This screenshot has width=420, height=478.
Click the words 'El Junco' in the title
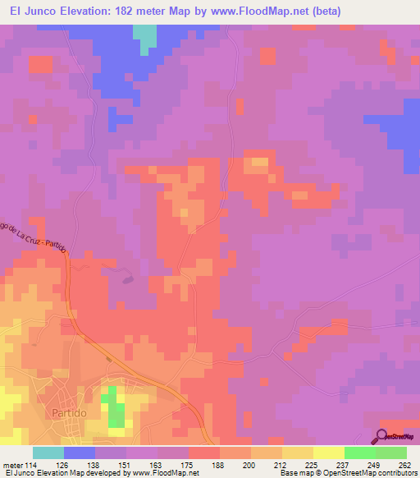(30, 11)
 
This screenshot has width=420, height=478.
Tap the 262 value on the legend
(404, 464)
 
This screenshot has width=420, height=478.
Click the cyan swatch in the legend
(48, 453)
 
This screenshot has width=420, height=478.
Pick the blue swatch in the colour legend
(80, 453)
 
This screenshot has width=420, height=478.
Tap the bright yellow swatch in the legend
(329, 453)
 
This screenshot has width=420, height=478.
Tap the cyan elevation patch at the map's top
(145, 37)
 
